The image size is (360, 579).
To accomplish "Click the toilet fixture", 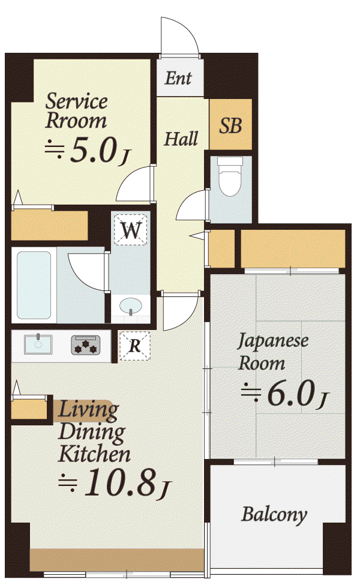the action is [230, 177].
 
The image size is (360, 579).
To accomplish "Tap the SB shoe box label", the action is [230, 125].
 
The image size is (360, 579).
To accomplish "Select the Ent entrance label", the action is [178, 78].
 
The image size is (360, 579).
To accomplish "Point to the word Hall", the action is [181, 139].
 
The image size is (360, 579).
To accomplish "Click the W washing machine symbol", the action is [130, 230].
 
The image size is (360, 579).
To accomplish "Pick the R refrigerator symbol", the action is [135, 346].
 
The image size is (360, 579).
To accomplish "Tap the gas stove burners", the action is [86, 346].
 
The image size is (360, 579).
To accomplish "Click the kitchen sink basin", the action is [38, 344].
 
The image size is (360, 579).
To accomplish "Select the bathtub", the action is [34, 286].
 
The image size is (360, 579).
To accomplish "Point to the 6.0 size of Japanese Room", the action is [292, 394].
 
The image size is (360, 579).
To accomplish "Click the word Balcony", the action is [274, 515].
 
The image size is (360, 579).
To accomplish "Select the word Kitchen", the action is [95, 454].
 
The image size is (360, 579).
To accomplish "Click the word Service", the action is [76, 101].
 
